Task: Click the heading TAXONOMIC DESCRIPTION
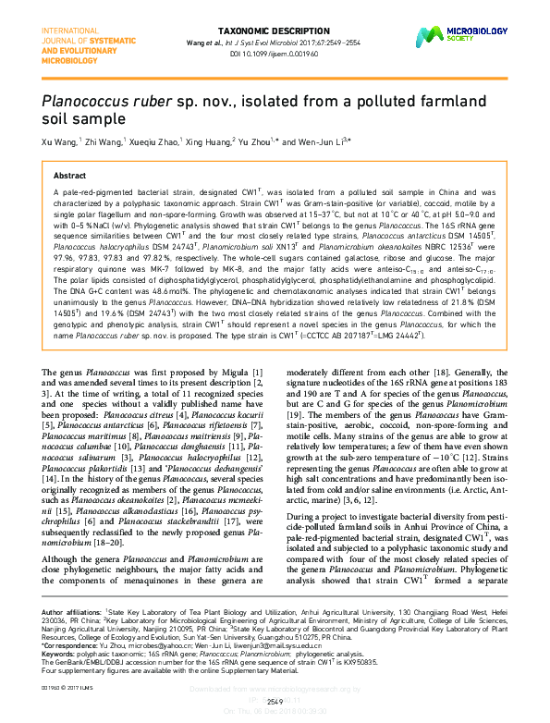click(275, 29)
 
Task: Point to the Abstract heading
click(70, 175)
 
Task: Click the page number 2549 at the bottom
click(275, 702)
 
